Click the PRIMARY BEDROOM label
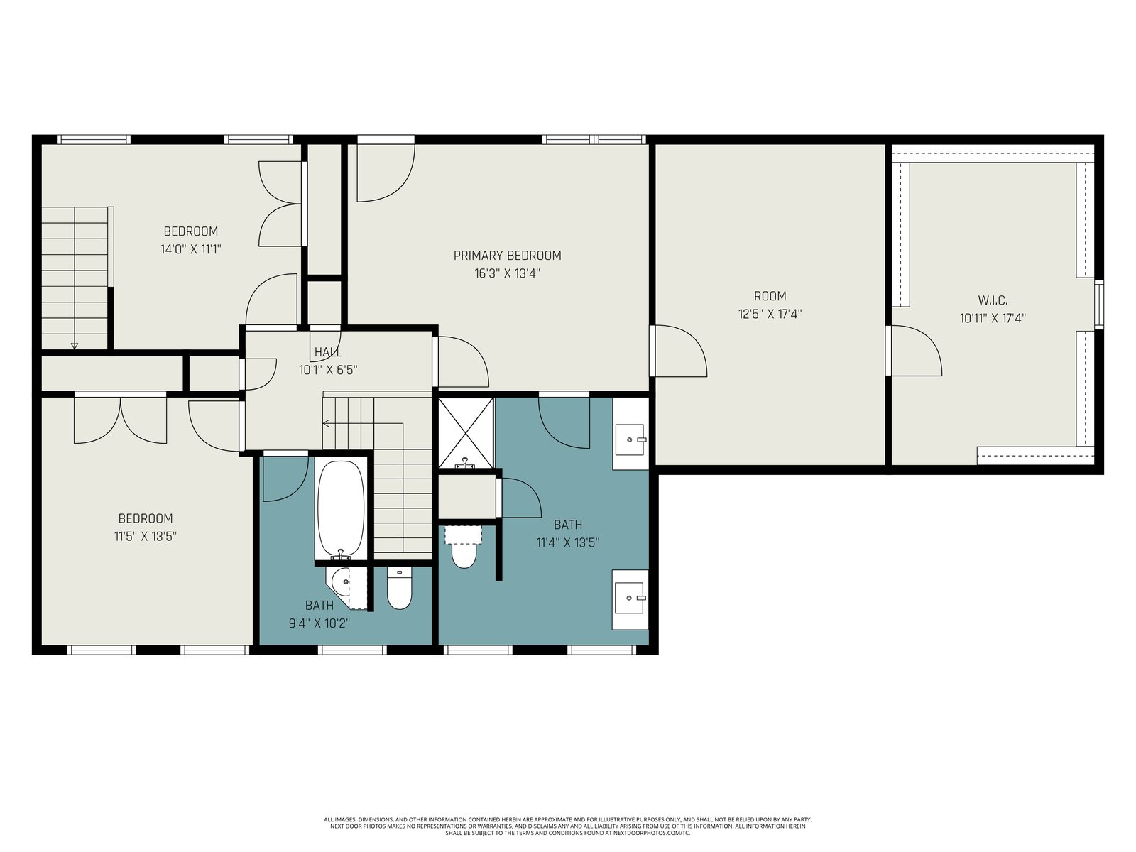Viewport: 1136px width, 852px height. coord(507,256)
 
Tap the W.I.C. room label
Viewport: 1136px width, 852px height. coord(993,300)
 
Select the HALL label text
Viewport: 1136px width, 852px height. coord(328,352)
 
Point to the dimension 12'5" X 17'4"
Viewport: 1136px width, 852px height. coord(770,314)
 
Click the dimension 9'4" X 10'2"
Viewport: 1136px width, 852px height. coord(319,623)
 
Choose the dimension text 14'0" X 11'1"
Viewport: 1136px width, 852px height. coord(190,249)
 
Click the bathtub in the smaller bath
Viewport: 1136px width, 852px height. coord(341,509)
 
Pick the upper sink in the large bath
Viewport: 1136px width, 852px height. coord(630,439)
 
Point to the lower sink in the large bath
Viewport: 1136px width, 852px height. coord(630,598)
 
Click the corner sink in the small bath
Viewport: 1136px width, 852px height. coord(339,584)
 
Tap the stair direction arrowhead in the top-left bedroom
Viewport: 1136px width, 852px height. coord(75,346)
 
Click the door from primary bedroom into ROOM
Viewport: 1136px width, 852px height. coord(679,350)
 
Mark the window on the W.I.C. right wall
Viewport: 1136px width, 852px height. coord(1099,305)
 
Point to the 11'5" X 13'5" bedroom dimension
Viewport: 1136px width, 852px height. coord(146,537)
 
